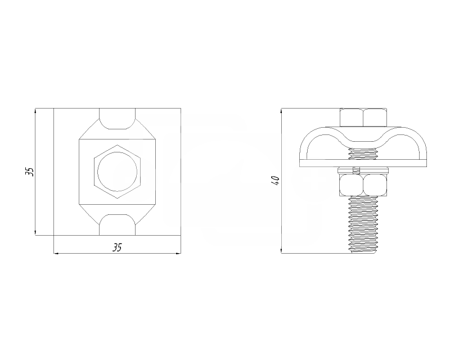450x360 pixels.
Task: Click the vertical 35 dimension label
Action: pos(30,172)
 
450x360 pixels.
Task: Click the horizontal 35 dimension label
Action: pos(117,247)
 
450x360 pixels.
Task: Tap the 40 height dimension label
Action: pos(276,181)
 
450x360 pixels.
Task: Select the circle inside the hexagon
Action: pos(117,172)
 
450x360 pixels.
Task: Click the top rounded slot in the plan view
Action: pos(117,119)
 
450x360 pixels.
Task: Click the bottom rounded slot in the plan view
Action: pos(117,225)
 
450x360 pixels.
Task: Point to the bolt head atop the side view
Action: pos(363,118)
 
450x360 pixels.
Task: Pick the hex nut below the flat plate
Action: pos(363,185)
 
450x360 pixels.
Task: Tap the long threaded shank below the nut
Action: pos(363,224)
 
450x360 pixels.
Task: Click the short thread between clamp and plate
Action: pos(363,154)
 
